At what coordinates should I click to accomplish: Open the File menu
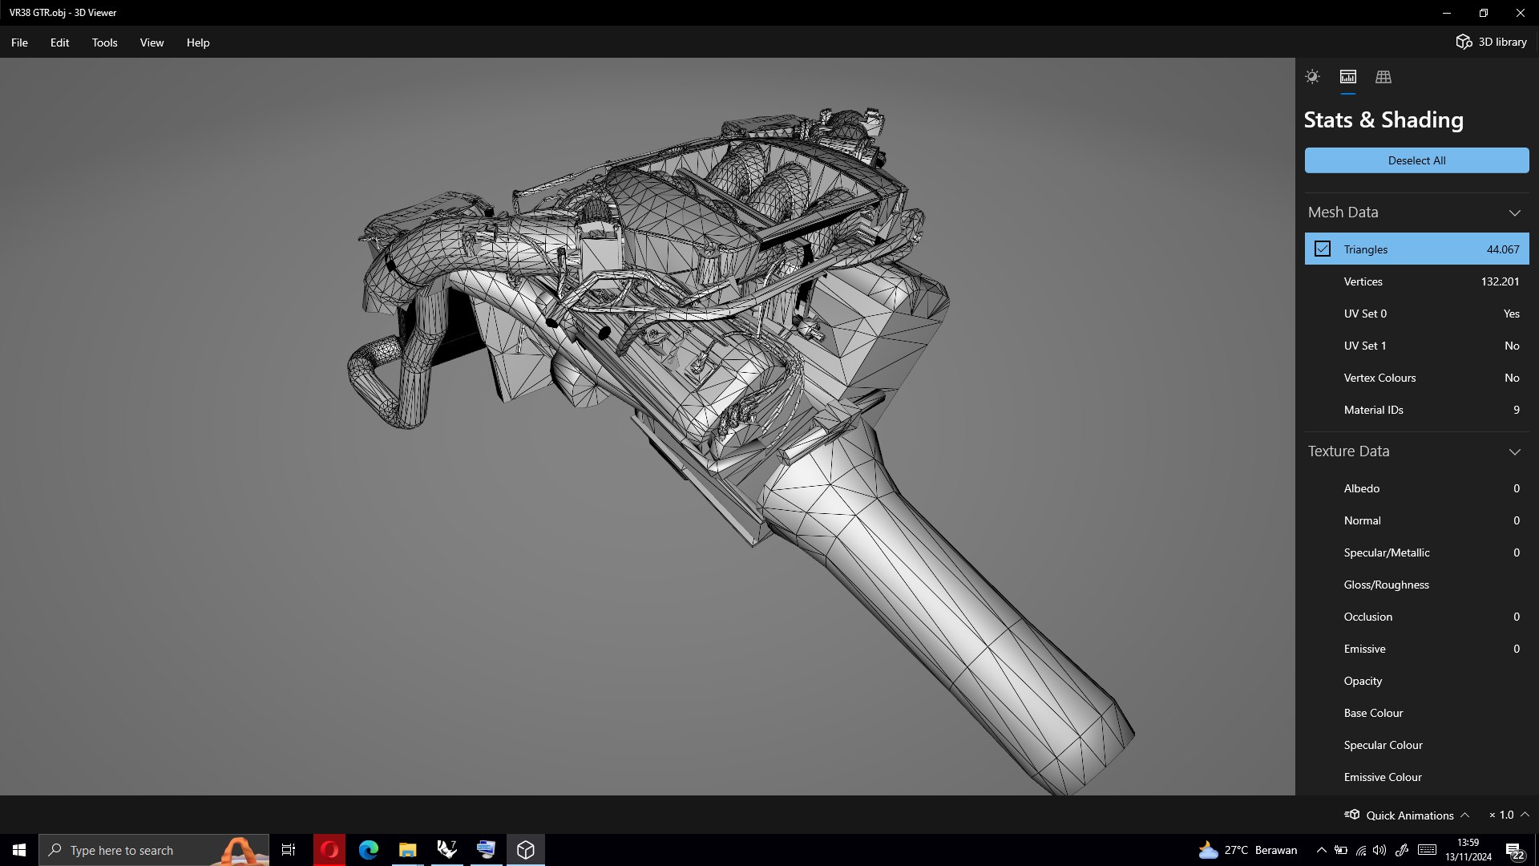(x=19, y=42)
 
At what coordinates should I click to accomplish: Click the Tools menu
(x=104, y=42)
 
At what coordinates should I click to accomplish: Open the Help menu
(x=198, y=42)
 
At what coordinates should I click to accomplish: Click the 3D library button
(x=1491, y=42)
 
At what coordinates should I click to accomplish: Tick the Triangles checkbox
(x=1323, y=249)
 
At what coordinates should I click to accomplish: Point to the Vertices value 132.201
(x=1500, y=281)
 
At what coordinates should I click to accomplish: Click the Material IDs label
(x=1373, y=410)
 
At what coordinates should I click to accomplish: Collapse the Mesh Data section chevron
(x=1514, y=212)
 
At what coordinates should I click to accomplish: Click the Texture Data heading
(x=1348, y=451)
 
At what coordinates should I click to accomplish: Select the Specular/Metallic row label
(x=1386, y=552)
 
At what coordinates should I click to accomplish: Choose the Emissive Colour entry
(x=1382, y=777)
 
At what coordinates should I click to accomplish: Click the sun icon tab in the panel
(x=1312, y=77)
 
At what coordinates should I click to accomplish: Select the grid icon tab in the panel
(x=1383, y=77)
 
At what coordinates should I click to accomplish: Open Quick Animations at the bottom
(x=1408, y=815)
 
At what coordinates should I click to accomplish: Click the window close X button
(x=1520, y=13)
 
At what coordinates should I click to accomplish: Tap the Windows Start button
(x=19, y=850)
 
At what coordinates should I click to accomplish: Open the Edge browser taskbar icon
(x=369, y=850)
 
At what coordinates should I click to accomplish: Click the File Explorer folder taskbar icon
(x=407, y=850)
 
